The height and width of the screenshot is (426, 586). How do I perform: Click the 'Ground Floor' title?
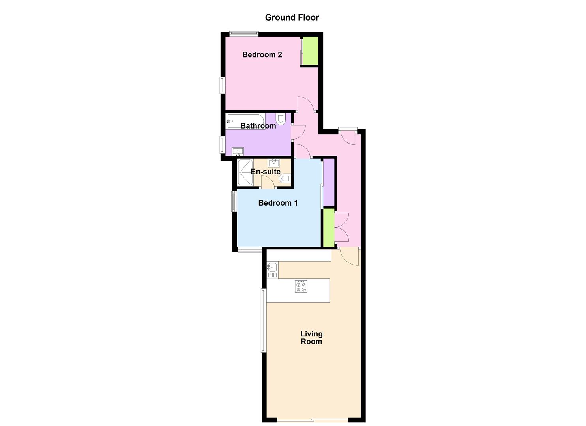point(292,17)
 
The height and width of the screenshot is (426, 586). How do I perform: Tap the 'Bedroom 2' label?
point(262,54)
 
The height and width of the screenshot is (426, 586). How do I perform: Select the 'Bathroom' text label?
point(258,126)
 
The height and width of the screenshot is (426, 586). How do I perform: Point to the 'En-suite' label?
point(266,172)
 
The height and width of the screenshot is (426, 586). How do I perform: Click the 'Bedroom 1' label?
point(278,203)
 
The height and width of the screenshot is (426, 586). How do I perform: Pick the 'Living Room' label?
point(311,338)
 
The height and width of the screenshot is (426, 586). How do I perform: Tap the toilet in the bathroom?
point(281,119)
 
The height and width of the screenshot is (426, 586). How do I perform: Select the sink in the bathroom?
point(238,151)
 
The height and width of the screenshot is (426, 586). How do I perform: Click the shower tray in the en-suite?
point(245,172)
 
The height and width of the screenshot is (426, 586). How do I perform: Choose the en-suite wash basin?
point(274,162)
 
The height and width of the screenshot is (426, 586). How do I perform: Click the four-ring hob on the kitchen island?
point(301,286)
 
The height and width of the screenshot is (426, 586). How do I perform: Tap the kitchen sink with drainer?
point(272,270)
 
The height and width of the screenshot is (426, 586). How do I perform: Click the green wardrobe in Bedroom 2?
point(310,51)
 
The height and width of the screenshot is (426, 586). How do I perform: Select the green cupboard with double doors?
point(328,227)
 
